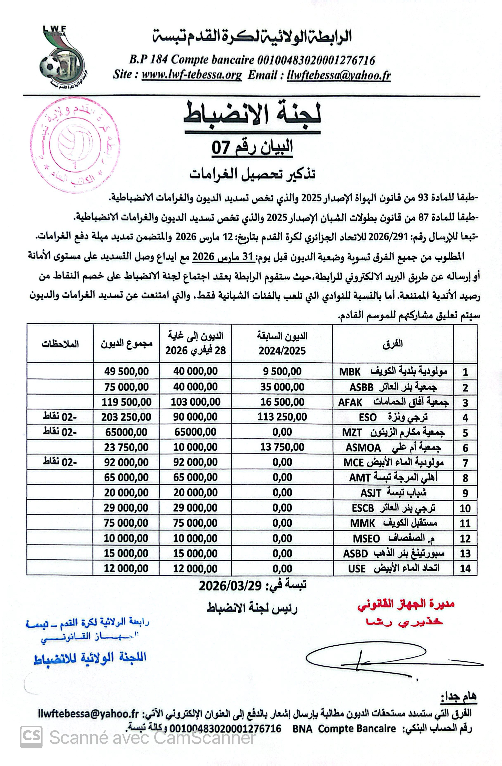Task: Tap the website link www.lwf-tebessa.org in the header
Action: (x=192, y=75)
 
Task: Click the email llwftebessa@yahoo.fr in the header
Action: (x=339, y=75)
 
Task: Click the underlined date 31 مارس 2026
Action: (x=224, y=257)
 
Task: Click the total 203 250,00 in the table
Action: (x=126, y=417)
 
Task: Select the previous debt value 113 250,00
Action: (x=282, y=417)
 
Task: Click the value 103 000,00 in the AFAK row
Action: (x=195, y=402)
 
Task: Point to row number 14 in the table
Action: (x=465, y=568)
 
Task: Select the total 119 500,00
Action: (x=126, y=402)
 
